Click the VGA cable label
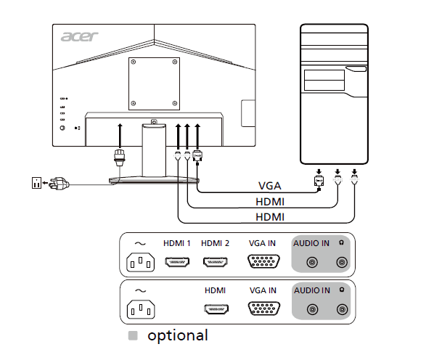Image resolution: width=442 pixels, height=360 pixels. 269,185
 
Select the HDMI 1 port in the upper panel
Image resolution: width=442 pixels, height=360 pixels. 176,263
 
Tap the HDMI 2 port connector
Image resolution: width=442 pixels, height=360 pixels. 215,263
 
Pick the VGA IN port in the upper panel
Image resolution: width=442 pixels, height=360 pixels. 262,263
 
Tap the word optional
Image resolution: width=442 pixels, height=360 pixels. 177,336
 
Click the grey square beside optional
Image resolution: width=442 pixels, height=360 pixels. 133,336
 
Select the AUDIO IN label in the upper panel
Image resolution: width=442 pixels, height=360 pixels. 311,243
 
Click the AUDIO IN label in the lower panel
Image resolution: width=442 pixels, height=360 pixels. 311,290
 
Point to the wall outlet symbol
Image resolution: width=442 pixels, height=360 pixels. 36,182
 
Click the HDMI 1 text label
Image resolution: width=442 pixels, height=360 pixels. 176,243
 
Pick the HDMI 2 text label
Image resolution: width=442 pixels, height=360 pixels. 215,243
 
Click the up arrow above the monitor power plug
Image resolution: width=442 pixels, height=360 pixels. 120,135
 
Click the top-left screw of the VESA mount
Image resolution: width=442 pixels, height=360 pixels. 136,62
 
